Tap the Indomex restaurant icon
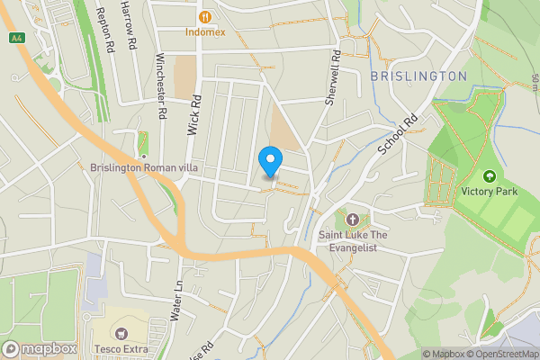[206, 16]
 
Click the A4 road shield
[16, 38]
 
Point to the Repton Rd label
[106, 31]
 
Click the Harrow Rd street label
[131, 27]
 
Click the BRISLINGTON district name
[418, 76]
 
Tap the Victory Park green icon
[490, 176]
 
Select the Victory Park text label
[490, 191]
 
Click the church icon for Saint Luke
[352, 220]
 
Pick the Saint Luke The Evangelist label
[352, 241]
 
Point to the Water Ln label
[178, 301]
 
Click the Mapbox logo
[40, 349]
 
